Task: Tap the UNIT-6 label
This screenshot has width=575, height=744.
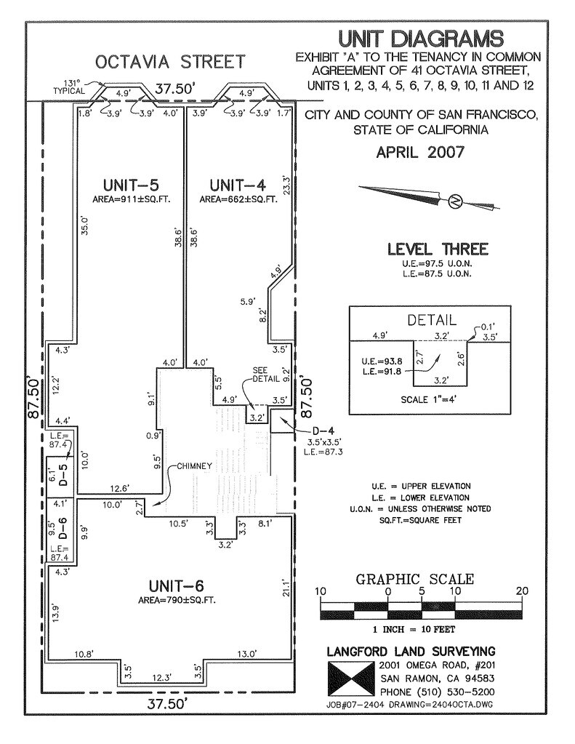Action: pyautogui.click(x=178, y=585)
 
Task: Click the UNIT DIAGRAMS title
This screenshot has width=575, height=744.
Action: pyautogui.click(x=420, y=39)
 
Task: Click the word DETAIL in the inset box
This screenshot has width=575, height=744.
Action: pyautogui.click(x=432, y=319)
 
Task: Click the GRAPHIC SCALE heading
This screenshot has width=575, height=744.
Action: pyautogui.click(x=414, y=580)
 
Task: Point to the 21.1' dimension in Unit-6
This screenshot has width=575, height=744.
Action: pyautogui.click(x=286, y=588)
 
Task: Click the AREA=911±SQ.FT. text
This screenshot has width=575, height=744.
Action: pyautogui.click(x=131, y=199)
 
